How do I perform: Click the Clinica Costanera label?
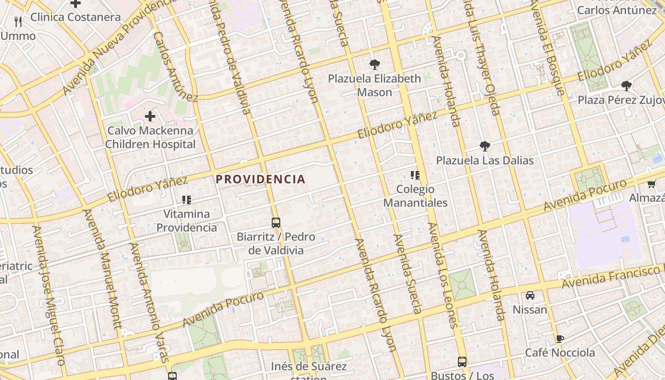click(76, 17)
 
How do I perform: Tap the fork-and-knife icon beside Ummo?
click(19, 21)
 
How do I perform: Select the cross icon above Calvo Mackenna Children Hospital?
click(150, 116)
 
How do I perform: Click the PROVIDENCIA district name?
click(260, 179)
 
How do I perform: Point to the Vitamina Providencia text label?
click(187, 220)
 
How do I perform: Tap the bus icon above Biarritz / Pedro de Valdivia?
click(276, 222)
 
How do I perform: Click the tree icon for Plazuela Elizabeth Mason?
click(374, 64)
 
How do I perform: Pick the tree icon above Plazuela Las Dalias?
click(484, 146)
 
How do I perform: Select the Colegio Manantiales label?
click(415, 196)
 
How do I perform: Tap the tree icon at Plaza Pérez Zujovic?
click(627, 86)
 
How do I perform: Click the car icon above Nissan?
click(530, 295)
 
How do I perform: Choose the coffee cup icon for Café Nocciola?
click(560, 339)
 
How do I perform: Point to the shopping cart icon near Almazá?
click(652, 184)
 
